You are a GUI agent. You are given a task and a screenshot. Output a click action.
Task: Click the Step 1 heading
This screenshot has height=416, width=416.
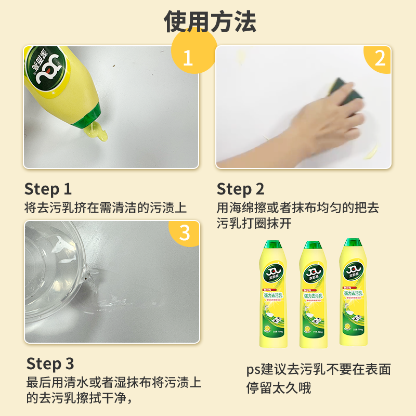[48, 189]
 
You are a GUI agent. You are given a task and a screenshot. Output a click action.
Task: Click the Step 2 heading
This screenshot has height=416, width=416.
[240, 189]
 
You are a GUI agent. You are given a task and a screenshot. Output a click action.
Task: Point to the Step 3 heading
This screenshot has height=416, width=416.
[50, 363]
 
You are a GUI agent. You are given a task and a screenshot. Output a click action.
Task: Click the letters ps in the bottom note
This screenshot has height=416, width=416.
[253, 370]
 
